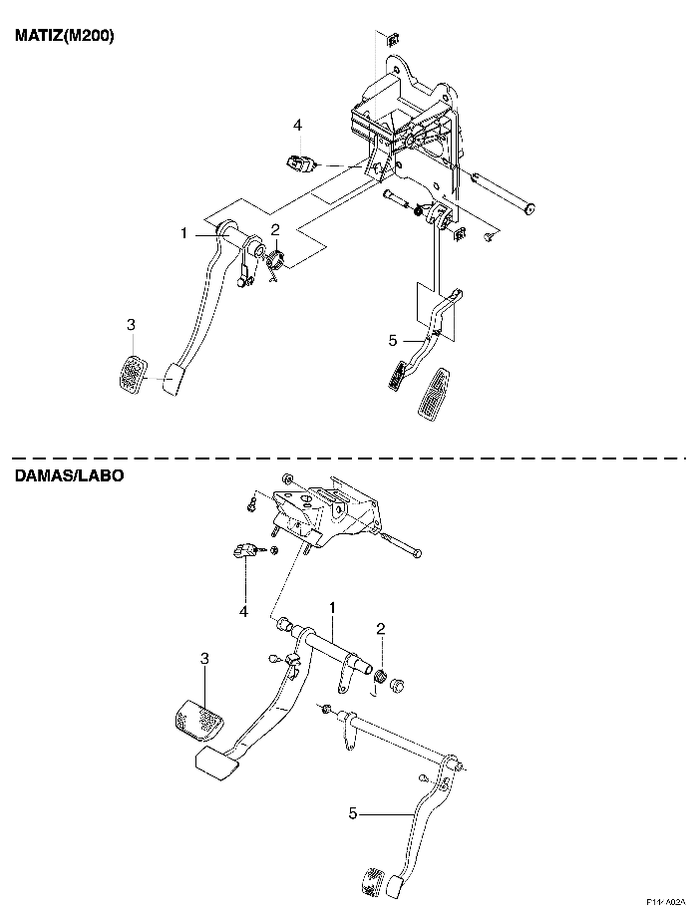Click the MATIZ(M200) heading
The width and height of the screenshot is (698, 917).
(x=65, y=36)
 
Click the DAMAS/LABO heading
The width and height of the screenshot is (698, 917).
(x=69, y=475)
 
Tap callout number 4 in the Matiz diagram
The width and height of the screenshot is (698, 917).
(x=297, y=126)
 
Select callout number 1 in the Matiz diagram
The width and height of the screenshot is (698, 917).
(x=183, y=234)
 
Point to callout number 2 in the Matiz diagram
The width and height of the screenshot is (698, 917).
(x=275, y=228)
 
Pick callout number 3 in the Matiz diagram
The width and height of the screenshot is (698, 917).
(x=131, y=324)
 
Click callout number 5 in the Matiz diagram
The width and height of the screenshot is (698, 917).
(x=393, y=340)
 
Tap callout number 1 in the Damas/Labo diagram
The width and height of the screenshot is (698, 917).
(x=332, y=608)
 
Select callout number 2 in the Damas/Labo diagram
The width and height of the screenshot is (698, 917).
(x=381, y=629)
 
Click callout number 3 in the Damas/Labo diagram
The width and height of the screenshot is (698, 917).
(x=204, y=659)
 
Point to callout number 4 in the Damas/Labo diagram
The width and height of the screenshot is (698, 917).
(x=243, y=612)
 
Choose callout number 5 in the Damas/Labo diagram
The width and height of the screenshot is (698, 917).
(x=353, y=813)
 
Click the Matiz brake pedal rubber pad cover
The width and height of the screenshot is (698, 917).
(x=133, y=373)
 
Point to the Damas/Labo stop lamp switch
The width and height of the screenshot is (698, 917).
(x=244, y=550)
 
